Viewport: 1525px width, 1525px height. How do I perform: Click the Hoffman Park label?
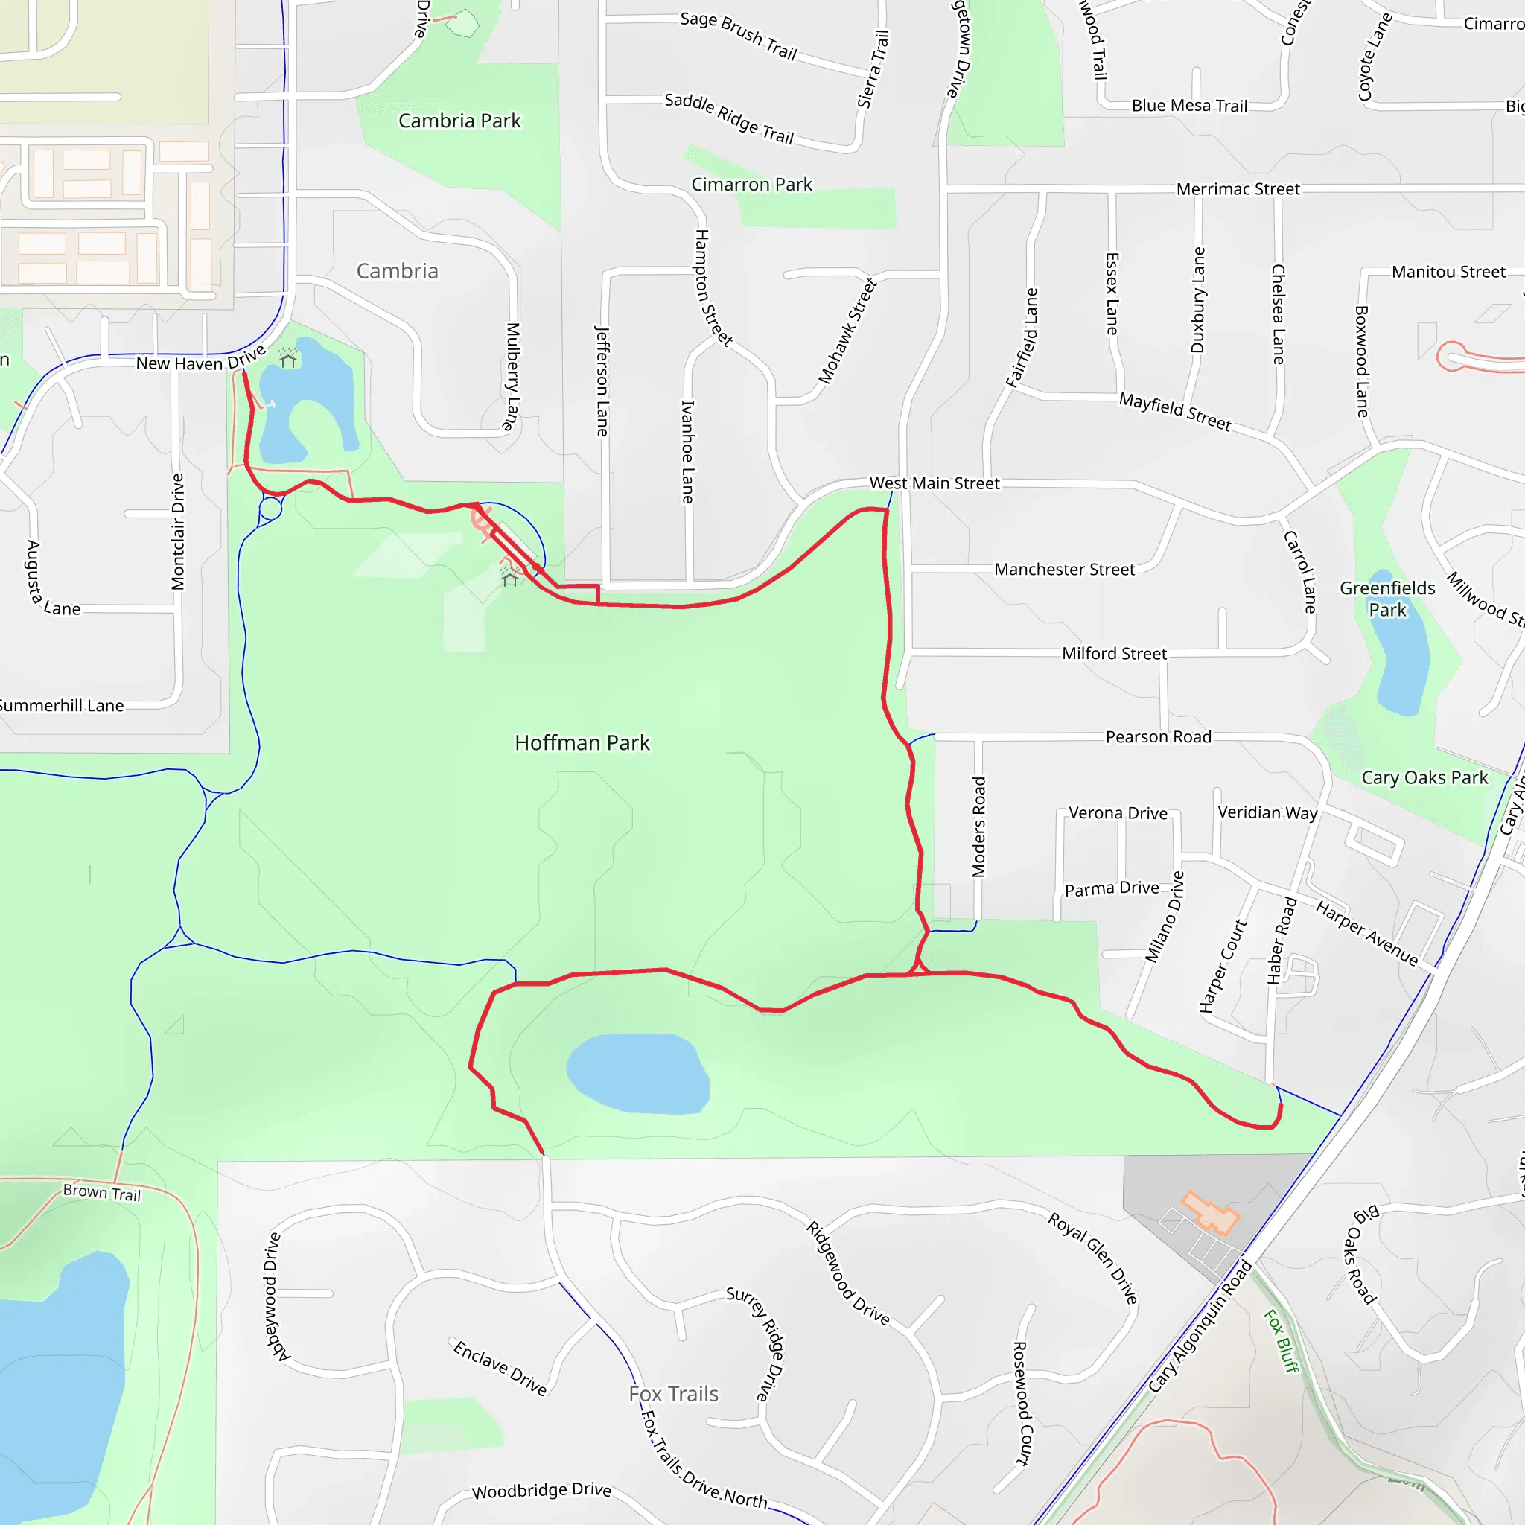pos(582,742)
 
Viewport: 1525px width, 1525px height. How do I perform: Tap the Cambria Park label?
pos(459,121)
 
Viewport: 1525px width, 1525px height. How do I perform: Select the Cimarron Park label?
pos(751,184)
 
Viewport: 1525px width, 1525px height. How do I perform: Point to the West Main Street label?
pos(934,483)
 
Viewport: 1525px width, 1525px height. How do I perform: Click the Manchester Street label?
pos(1064,569)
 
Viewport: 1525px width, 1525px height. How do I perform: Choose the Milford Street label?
pos(1114,654)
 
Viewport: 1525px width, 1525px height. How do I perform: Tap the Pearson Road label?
pos(1158,737)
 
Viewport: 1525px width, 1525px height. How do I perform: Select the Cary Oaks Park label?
pos(1424,778)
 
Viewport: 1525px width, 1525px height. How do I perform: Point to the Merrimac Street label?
pos(1238,189)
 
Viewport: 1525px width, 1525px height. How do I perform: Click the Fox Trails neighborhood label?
pos(673,1395)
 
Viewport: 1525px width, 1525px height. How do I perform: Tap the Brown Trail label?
pos(102,1192)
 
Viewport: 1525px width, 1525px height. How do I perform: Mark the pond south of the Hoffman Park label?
pos(638,1074)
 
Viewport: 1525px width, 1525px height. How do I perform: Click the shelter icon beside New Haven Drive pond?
pos(288,360)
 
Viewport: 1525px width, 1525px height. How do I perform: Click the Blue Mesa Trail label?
pos(1189,106)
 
